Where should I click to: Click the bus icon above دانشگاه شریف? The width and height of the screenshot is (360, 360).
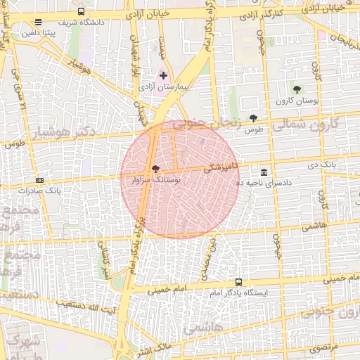coord(81,12)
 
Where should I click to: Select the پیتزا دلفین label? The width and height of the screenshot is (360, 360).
coord(38,32)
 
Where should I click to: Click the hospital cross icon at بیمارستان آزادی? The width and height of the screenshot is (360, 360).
coord(164,75)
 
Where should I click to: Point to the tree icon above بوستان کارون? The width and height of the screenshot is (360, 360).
coord(297,89)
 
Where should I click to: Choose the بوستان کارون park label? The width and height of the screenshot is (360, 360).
coord(298,101)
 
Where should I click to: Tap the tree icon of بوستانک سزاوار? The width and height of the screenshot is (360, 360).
coord(155,169)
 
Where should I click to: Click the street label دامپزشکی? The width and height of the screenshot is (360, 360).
coord(221,167)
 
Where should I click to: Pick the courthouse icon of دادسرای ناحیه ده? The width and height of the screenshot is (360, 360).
coord(264,172)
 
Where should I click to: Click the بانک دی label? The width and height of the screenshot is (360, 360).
coord(317,165)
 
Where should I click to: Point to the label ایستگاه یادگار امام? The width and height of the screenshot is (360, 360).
coord(238,292)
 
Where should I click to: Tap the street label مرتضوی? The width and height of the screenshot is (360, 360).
coord(324,347)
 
